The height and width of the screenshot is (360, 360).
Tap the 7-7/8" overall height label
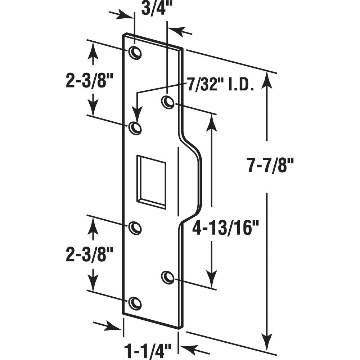point(271,166)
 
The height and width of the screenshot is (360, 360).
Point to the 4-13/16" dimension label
point(225,228)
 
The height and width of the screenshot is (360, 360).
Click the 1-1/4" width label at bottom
point(148,350)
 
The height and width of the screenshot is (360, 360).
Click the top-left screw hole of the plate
point(135,53)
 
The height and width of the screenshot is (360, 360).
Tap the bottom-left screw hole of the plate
point(135,303)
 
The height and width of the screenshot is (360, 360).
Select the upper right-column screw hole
point(167,102)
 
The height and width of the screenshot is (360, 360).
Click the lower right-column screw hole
point(167,277)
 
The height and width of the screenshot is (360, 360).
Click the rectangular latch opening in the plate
point(151,182)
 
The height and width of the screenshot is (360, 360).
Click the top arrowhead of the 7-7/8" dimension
point(266,79)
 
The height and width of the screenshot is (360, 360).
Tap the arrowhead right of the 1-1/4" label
point(187,348)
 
